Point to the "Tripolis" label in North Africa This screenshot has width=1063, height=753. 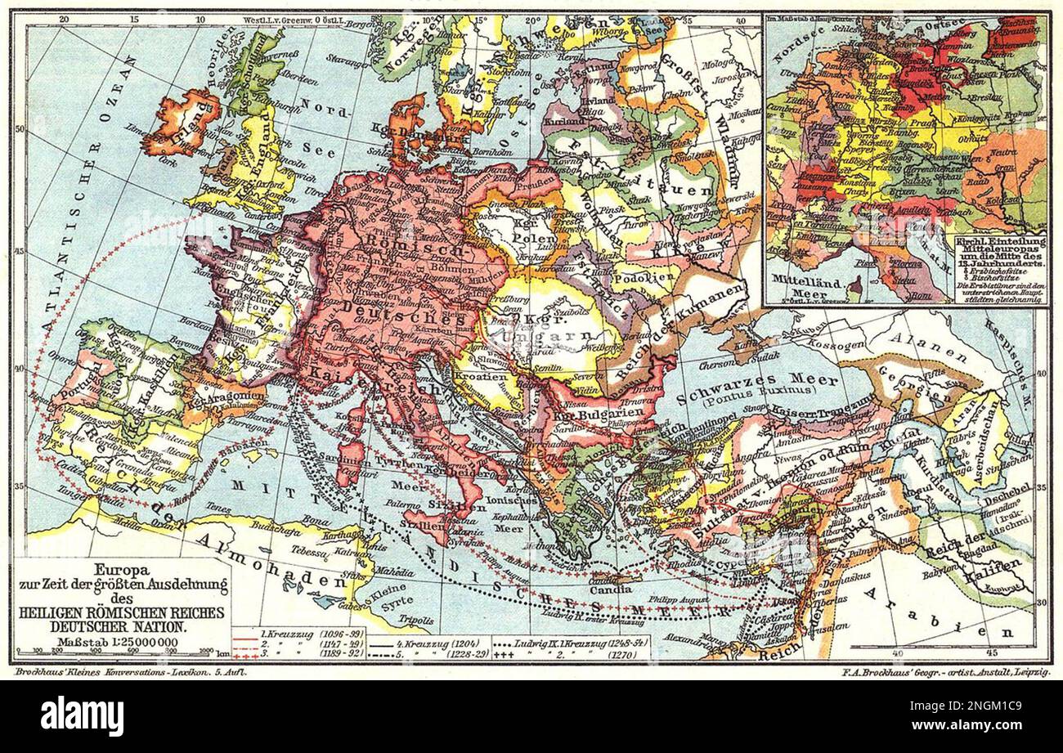416,621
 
